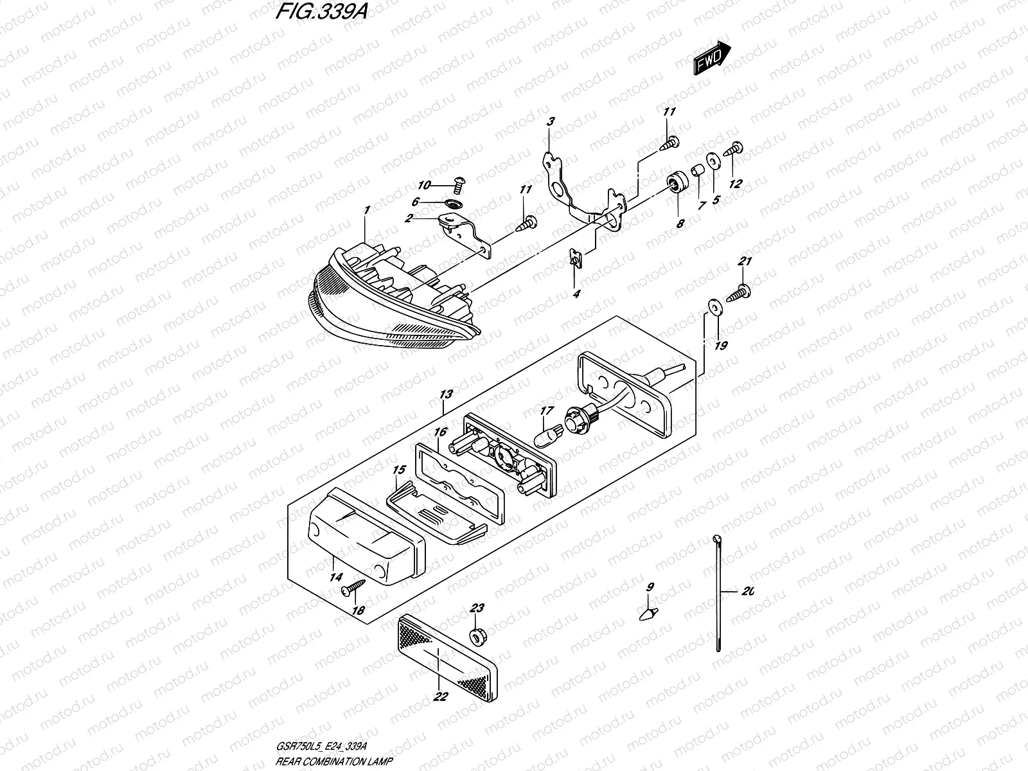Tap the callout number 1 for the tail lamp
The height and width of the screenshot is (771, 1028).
point(366,211)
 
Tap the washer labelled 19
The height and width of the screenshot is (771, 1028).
point(713,307)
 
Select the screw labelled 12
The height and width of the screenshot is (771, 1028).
point(734,150)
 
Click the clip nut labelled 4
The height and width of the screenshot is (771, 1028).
point(575,260)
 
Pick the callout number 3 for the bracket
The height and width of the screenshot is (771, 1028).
point(550,121)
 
